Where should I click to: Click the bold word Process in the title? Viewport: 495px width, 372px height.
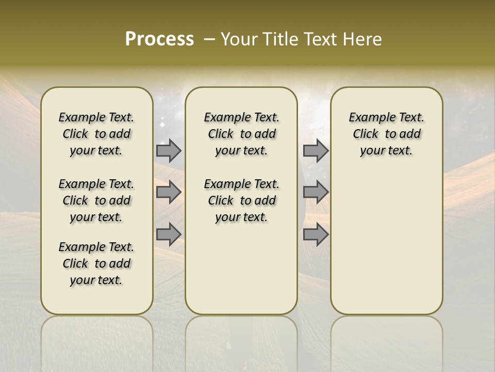(159, 39)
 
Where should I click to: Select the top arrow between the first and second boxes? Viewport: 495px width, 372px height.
(169, 150)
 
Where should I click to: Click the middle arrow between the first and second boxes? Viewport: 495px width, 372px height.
(169, 192)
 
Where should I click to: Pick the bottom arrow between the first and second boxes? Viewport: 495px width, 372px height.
(169, 234)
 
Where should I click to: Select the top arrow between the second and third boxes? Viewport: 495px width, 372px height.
(316, 150)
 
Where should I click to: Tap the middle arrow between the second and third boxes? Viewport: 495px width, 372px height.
(316, 192)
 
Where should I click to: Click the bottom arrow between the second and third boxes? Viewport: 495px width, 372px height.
(316, 234)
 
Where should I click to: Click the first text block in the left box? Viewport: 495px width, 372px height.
(96, 134)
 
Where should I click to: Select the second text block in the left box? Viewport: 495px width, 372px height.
(96, 200)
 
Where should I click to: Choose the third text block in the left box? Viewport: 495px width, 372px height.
(96, 263)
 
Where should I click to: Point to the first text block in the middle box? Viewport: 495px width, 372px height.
(241, 134)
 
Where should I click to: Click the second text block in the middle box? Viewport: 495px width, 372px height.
(241, 200)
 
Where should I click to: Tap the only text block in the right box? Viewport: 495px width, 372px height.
(386, 134)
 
